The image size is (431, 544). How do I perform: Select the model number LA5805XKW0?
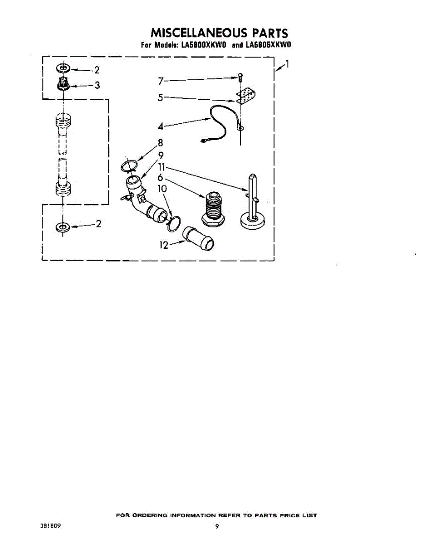point(268,45)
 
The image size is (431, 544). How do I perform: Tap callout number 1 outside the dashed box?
point(287,64)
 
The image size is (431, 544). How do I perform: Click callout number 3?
point(97,85)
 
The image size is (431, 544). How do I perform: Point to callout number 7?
point(161,81)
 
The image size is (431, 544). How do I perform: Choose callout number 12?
point(164,245)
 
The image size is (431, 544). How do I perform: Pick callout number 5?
point(161,97)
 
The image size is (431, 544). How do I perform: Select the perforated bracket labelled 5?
point(246,95)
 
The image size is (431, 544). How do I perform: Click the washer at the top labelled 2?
point(63,69)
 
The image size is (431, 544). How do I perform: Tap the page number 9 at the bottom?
point(217,526)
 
